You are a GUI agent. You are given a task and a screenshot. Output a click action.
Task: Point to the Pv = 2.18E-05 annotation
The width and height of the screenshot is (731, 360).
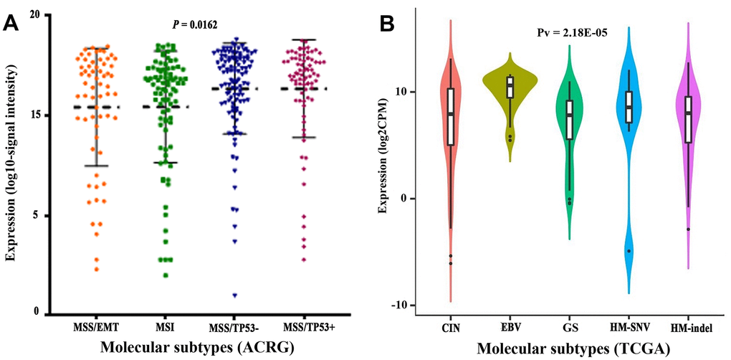click(x=573, y=32)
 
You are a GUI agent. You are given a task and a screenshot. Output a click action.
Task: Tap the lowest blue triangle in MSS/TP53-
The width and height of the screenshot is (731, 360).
click(x=234, y=295)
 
